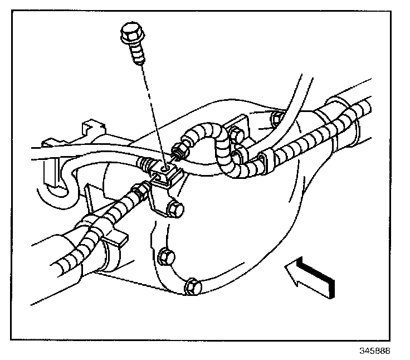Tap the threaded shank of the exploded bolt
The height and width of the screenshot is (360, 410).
139,54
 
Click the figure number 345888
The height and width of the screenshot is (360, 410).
375,352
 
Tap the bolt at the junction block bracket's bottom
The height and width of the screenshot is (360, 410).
175,211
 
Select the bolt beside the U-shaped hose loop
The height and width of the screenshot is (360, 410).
236,134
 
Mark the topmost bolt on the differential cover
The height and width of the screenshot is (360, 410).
275,118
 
